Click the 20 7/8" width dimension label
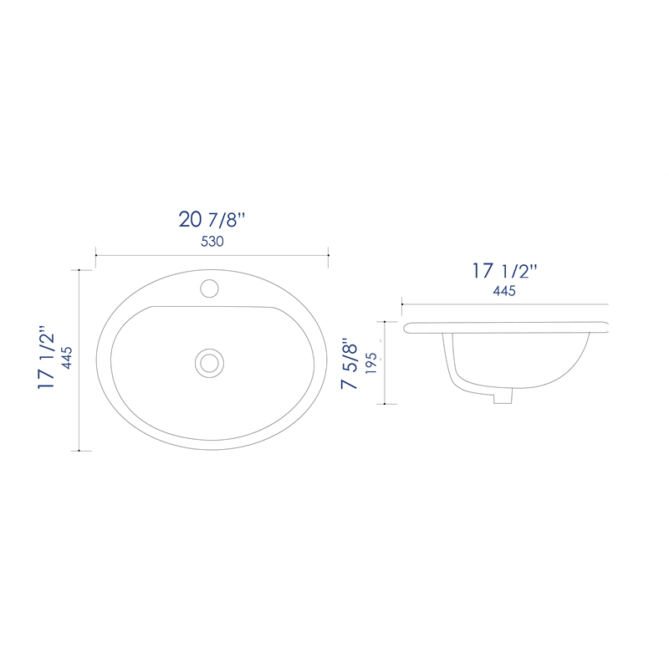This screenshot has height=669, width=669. pyautogui.click(x=212, y=220)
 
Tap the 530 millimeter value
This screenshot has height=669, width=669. pyautogui.click(x=212, y=242)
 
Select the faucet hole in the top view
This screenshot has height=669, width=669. pyautogui.click(x=210, y=289)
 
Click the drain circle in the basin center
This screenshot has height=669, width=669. pyautogui.click(x=210, y=363)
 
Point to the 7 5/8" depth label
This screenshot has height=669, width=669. pyautogui.click(x=350, y=363)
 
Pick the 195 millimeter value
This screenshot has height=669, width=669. pyautogui.click(x=371, y=363)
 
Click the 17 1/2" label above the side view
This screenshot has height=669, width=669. pyautogui.click(x=504, y=271)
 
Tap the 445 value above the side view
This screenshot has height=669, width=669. pyautogui.click(x=504, y=291)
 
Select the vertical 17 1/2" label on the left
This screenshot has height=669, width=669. pyautogui.click(x=47, y=357)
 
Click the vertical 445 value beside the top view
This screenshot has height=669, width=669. pyautogui.click(x=67, y=358)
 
